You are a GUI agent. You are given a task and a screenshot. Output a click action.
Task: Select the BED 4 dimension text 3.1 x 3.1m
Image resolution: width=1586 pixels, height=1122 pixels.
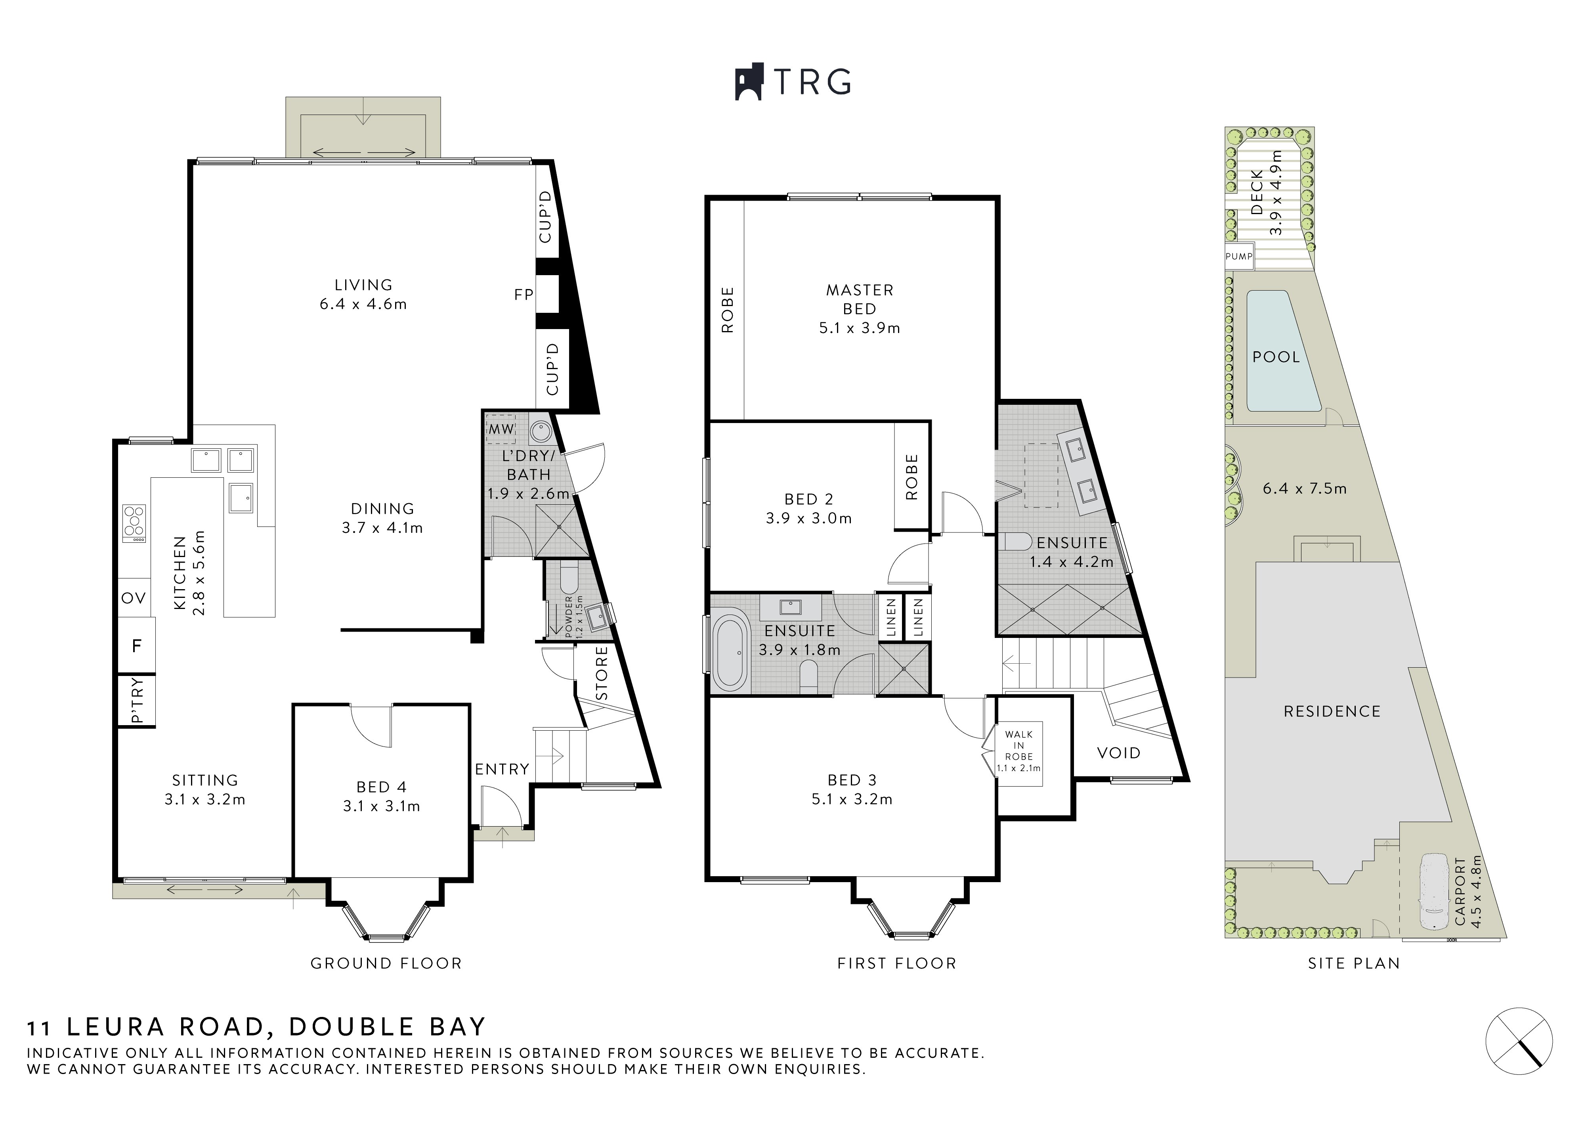click(381, 806)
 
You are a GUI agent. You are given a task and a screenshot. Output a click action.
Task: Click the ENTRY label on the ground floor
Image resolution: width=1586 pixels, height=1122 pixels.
click(502, 769)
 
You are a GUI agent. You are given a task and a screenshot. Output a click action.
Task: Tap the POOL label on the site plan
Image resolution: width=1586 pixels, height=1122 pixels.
click(1276, 357)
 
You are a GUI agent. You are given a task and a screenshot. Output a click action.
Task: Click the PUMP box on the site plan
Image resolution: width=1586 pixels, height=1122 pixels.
click(1238, 257)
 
